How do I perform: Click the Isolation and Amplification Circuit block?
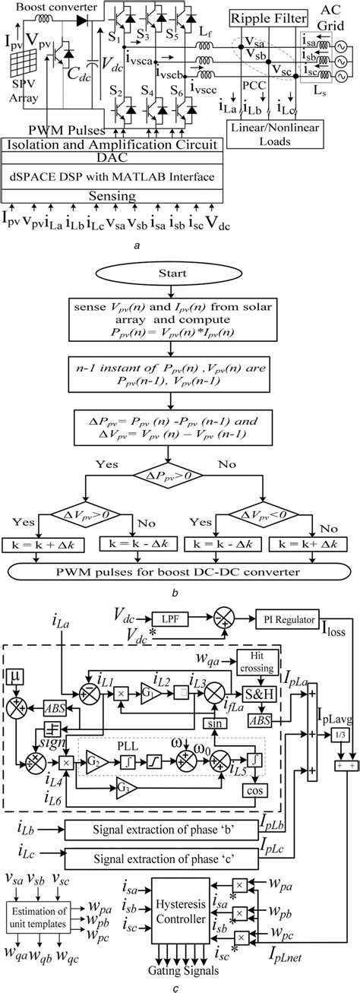(x=111, y=144)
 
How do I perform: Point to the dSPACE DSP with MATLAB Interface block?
(x=111, y=177)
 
